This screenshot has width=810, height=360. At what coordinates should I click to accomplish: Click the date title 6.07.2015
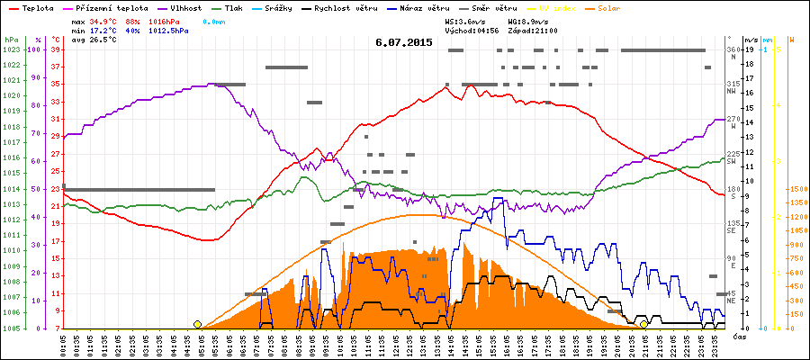(404, 42)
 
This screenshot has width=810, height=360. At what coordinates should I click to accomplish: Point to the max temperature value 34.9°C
(104, 21)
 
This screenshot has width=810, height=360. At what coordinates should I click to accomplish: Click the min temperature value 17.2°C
(104, 31)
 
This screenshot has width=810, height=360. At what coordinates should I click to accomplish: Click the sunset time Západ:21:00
(533, 31)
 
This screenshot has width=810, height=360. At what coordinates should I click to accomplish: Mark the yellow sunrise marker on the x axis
(197, 324)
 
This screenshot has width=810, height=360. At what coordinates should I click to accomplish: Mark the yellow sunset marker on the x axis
(643, 324)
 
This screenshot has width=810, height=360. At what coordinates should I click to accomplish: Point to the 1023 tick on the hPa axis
(11, 49)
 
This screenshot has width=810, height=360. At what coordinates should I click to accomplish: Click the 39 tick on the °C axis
(55, 49)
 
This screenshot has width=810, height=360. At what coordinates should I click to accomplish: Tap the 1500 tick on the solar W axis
(797, 189)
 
